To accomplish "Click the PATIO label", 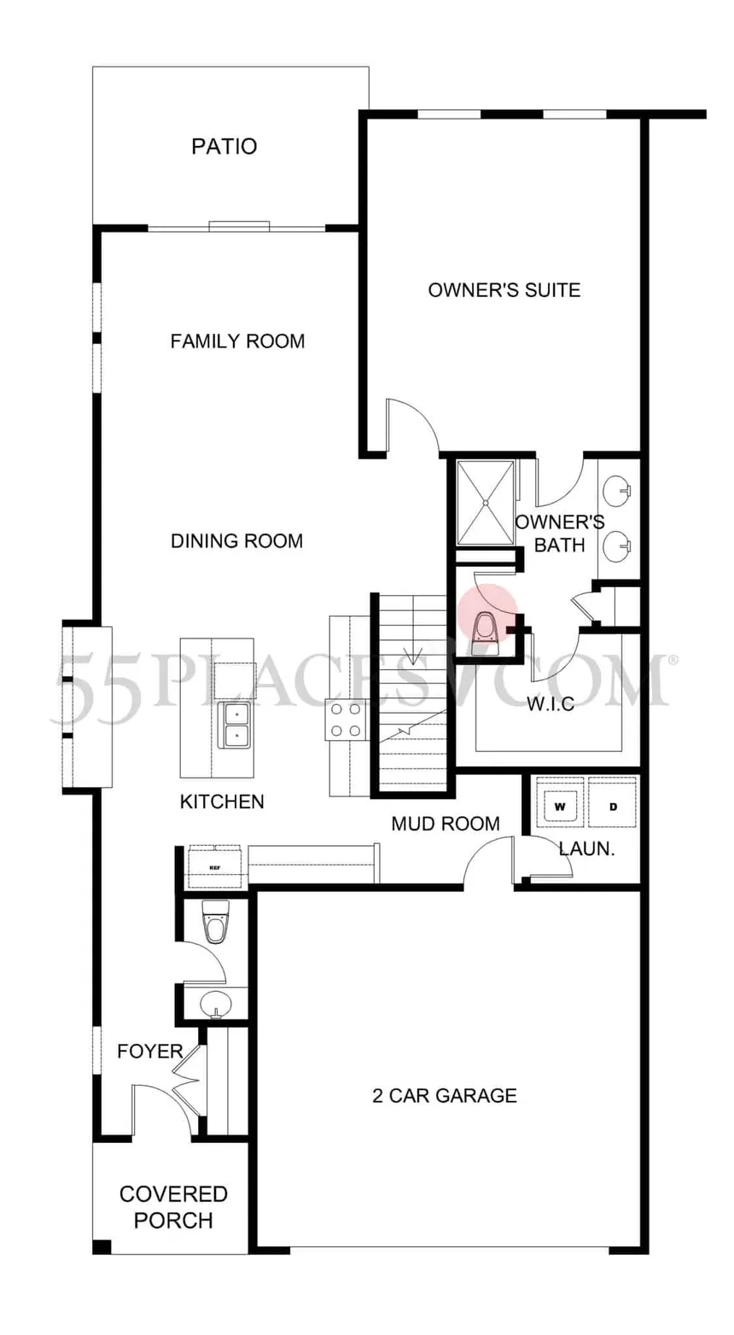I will [x=224, y=147].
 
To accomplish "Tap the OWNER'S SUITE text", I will [x=504, y=290].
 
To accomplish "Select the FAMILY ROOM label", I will [x=237, y=341].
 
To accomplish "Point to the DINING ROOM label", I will [x=236, y=541].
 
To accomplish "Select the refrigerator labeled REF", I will [x=214, y=867].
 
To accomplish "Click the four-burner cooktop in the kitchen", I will [x=345, y=720].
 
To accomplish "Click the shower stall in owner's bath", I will [x=486, y=503].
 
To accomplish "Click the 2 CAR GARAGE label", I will [x=444, y=1095].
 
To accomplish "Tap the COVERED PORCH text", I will [x=173, y=1207].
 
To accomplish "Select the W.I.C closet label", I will [x=549, y=705].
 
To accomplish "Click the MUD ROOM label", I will [x=445, y=824].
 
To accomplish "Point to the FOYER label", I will [x=150, y=1052].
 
